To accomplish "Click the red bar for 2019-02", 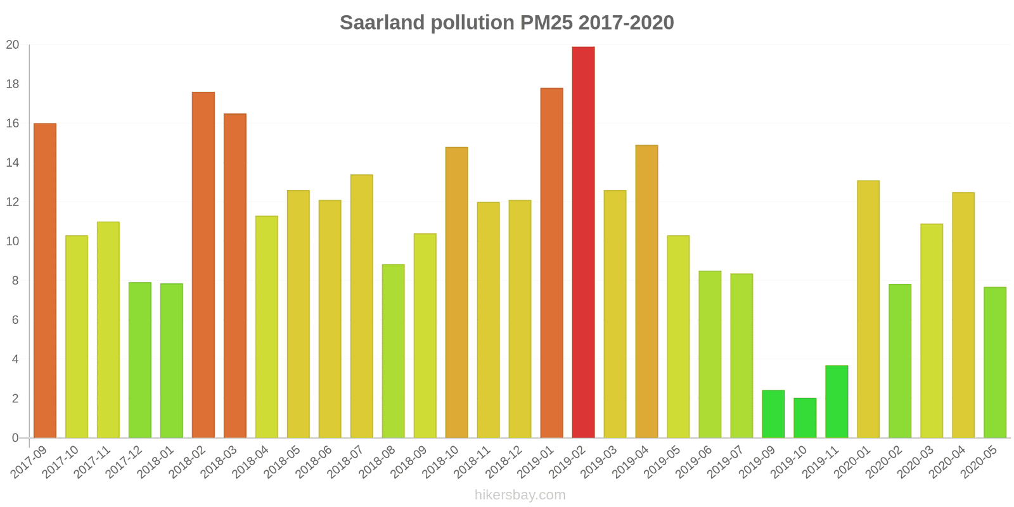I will point(583,242).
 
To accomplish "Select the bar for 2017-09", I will point(45,280).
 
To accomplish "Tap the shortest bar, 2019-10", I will point(805,418).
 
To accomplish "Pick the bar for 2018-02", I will point(203,265).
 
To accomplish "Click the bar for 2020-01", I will point(868,309).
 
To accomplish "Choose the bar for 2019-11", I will point(837,401).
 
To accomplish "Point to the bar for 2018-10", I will point(456,292).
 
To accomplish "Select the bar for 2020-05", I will point(995,362).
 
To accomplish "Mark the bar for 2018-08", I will point(393,351).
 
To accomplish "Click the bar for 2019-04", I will point(646,292).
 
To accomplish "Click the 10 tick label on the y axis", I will point(13,241).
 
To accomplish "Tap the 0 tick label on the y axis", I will point(15,438).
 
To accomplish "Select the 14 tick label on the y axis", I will point(13,163).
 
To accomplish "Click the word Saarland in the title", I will point(382,23).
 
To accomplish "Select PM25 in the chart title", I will point(546,23).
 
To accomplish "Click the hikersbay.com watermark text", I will point(520,495).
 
